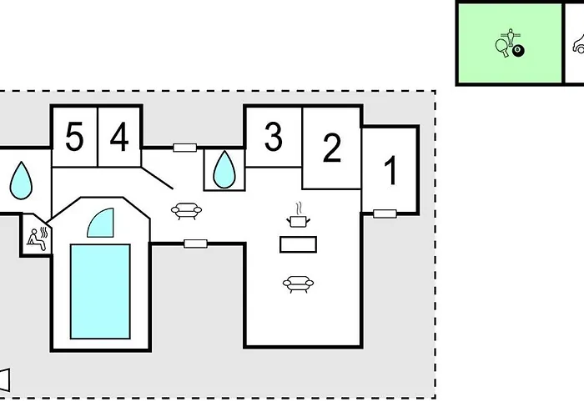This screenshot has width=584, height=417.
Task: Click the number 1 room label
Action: pyautogui.click(x=390, y=171)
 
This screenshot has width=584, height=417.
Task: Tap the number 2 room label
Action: pyautogui.click(x=332, y=148)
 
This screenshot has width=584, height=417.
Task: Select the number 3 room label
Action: pyautogui.click(x=274, y=137)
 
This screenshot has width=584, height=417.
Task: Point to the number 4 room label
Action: pyautogui.click(x=119, y=138)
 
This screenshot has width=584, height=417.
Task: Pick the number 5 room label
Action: pyautogui.click(x=74, y=138)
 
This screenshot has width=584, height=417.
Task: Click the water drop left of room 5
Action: pyautogui.click(x=21, y=181)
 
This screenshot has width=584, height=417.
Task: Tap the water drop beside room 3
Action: pyautogui.click(x=224, y=169)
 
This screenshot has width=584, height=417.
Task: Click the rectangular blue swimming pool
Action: pyautogui.click(x=100, y=292)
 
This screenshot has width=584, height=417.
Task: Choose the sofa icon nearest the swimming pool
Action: pyautogui.click(x=186, y=211)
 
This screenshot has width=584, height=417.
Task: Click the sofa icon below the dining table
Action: pyautogui.click(x=298, y=284)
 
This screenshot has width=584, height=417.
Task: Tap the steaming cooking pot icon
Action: pyautogui.click(x=298, y=215)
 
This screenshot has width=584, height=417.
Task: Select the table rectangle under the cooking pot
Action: pyautogui.click(x=298, y=244)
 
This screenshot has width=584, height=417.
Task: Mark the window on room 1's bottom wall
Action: pyautogui.click(x=385, y=214)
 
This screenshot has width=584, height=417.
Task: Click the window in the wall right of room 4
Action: pyautogui.click(x=184, y=148)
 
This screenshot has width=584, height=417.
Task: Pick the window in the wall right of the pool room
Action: pyautogui.click(x=195, y=244)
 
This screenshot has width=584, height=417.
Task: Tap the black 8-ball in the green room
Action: pyautogui.click(x=518, y=51)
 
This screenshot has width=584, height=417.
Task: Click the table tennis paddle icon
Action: pyautogui.click(x=501, y=48)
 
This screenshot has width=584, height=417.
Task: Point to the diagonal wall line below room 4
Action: pyautogui.click(x=157, y=178)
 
